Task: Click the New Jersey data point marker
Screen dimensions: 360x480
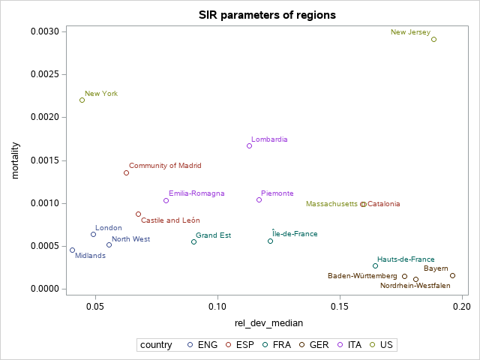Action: pyautogui.click(x=433, y=39)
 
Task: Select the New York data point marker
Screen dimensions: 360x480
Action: pyautogui.click(x=82, y=100)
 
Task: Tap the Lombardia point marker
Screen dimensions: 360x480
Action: pyautogui.click(x=250, y=145)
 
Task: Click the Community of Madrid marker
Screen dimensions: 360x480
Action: pyautogui.click(x=126, y=172)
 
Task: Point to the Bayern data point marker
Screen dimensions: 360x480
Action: pyautogui.click(x=452, y=275)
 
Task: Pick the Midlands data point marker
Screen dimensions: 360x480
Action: pyautogui.click(x=72, y=250)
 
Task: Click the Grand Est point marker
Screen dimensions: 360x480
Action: pyautogui.click(x=193, y=241)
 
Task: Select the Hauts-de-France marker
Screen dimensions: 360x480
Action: pyautogui.click(x=375, y=265)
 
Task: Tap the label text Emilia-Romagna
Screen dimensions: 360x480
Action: pyautogui.click(x=196, y=193)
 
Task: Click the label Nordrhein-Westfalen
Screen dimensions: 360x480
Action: pyautogui.click(x=415, y=286)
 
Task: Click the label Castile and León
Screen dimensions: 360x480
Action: pyautogui.click(x=170, y=220)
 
